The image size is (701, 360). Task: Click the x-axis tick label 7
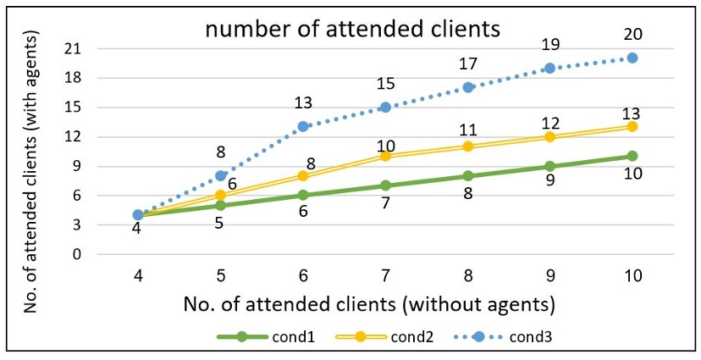(x=385, y=276)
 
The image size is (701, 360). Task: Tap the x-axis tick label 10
(x=632, y=276)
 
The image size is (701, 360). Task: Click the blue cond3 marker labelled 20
(x=632, y=58)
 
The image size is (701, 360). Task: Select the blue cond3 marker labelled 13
(x=303, y=126)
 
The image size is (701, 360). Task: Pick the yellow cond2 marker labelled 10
(x=385, y=156)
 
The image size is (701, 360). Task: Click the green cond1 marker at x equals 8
(x=467, y=176)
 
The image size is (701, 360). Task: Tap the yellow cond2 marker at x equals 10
(x=632, y=126)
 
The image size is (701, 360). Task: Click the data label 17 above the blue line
(x=467, y=64)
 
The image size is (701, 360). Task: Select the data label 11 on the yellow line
(x=467, y=130)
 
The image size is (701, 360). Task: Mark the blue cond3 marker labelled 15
(x=385, y=107)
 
